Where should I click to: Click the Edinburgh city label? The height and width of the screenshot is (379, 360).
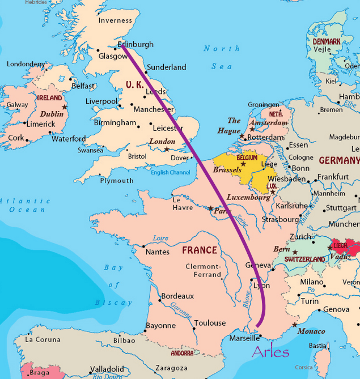click(x=135, y=44)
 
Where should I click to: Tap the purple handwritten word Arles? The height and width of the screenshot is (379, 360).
click(x=270, y=352)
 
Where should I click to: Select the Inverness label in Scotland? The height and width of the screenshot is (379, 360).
click(x=115, y=20)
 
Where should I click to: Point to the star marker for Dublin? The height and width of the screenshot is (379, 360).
click(x=65, y=107)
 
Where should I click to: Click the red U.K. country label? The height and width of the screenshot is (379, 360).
click(x=135, y=84)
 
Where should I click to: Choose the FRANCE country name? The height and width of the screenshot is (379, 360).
click(x=199, y=250)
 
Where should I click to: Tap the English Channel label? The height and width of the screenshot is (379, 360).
click(x=171, y=172)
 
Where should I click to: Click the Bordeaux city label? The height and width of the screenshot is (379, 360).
click(x=177, y=296)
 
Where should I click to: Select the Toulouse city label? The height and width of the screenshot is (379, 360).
click(x=210, y=323)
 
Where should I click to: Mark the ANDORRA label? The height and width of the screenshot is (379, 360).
click(x=183, y=353)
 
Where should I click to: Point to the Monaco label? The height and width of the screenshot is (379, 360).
click(x=311, y=331)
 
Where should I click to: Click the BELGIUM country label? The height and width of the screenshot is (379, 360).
click(x=247, y=157)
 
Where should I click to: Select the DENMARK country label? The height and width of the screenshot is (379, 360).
click(x=327, y=41)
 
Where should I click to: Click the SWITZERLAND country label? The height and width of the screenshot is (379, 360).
click(x=305, y=259)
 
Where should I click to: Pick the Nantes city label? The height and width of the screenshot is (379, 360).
click(x=157, y=252)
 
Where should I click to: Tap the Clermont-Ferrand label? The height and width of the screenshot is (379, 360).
click(x=202, y=270)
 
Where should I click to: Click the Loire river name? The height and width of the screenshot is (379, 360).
click(x=160, y=239)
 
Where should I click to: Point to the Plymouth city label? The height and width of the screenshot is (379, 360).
click(x=117, y=181)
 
